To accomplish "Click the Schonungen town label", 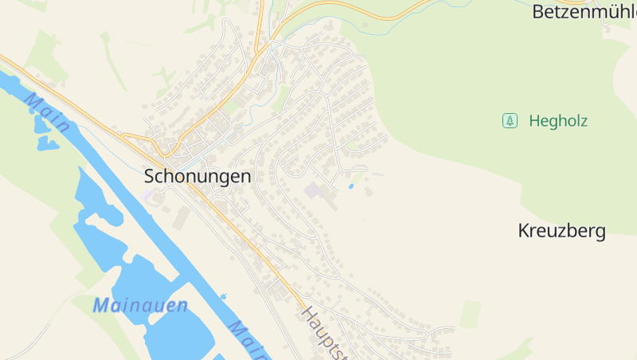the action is (197, 177).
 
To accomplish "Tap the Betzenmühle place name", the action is (584, 12).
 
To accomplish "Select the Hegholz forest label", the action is (558, 121).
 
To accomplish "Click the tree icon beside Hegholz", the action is (510, 121).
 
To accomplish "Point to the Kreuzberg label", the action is (561, 232).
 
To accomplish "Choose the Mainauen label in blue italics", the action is (140, 304).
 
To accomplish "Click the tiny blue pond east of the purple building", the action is (351, 186).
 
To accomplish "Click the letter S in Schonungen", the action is (150, 177).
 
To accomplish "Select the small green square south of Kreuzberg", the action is (470, 314).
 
